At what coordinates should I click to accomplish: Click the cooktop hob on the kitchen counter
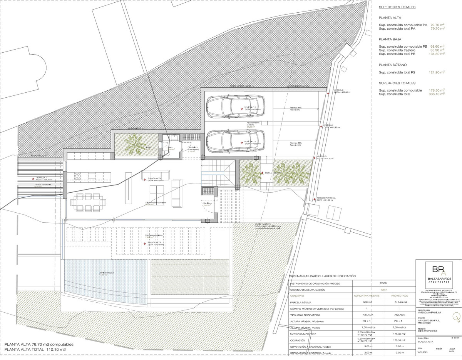tap(76, 177)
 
